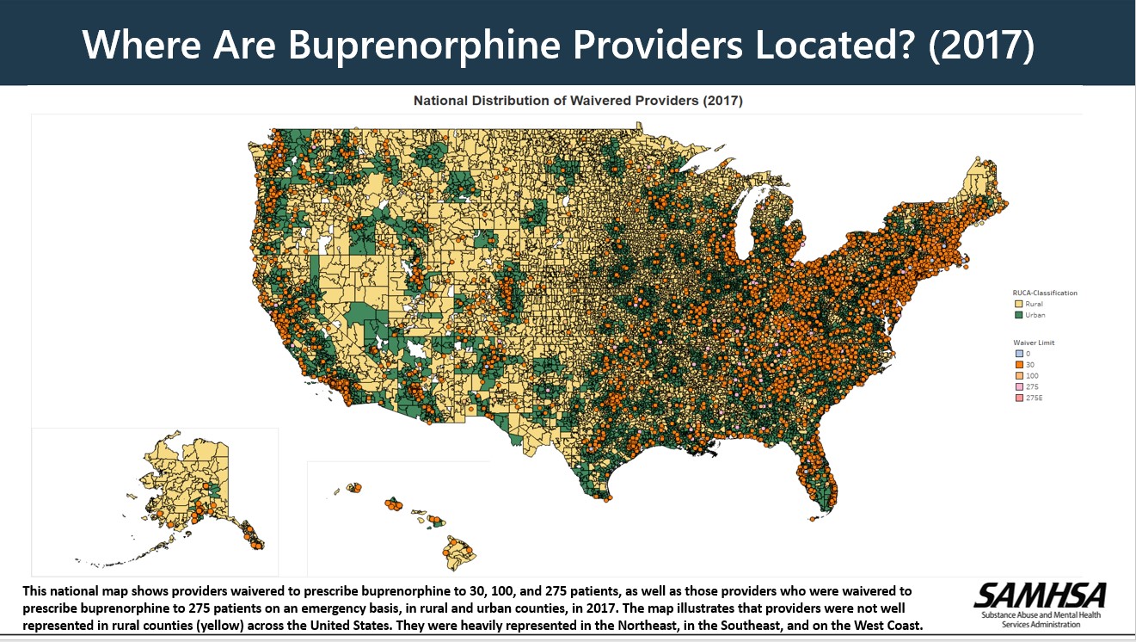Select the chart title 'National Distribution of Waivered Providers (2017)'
click(x=578, y=101)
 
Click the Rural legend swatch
click(x=1018, y=304)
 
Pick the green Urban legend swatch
click(x=1018, y=315)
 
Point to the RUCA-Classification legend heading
click(x=1044, y=293)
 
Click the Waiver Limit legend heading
click(x=1034, y=343)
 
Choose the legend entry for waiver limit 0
click(x=1018, y=354)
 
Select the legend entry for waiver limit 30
click(x=1018, y=365)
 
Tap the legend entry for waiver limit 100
click(x=1018, y=376)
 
